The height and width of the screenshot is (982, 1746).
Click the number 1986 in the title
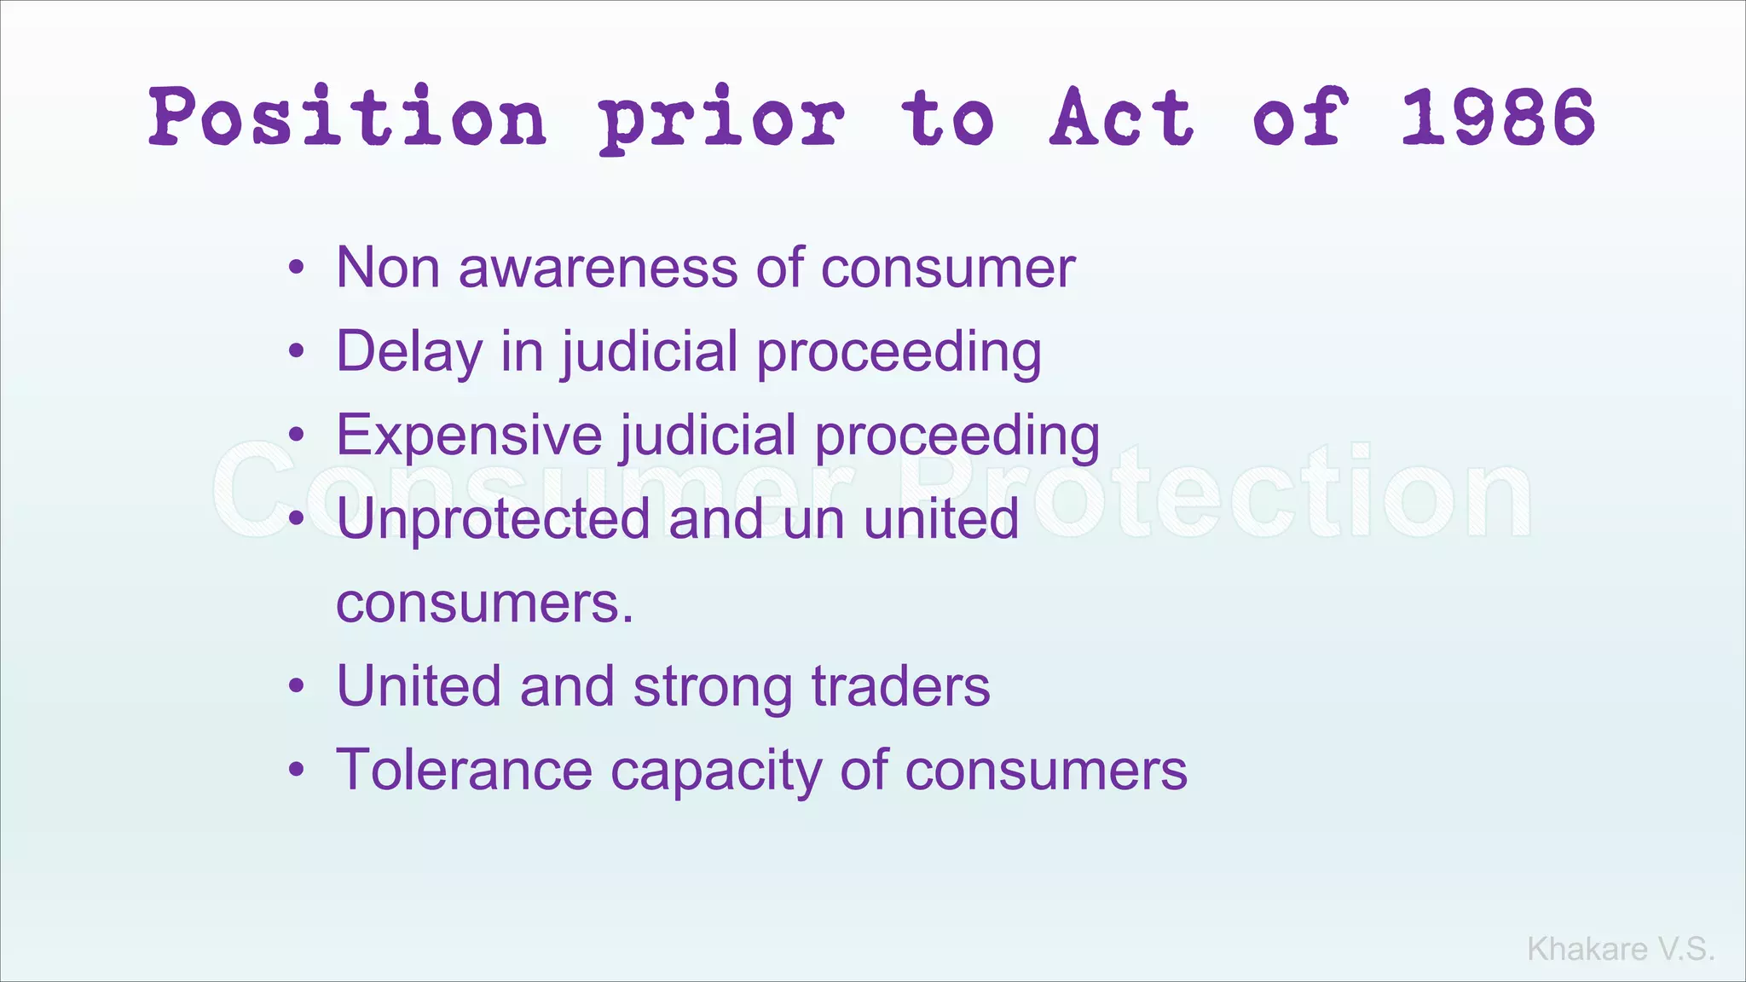coord(1497,118)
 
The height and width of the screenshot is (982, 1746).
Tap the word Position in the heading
coord(348,118)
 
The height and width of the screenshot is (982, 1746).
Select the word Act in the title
coord(1121,118)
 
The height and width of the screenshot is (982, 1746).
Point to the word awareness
coord(598,268)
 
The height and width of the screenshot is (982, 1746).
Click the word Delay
coord(409,351)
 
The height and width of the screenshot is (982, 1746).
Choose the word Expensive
coord(469,435)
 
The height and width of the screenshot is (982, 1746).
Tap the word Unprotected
coord(493,518)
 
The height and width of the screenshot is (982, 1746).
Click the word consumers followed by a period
coord(484,603)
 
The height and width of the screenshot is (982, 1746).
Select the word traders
coord(900,686)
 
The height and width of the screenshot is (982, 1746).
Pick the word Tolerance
coord(464,770)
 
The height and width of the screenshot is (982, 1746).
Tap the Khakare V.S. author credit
coord(1621,949)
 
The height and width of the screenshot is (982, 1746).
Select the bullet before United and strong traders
coord(296,687)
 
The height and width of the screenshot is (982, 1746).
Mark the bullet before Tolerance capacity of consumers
coord(296,771)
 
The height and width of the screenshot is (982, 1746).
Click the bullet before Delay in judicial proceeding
coord(296,352)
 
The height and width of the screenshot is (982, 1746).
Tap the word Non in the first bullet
coord(388,268)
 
